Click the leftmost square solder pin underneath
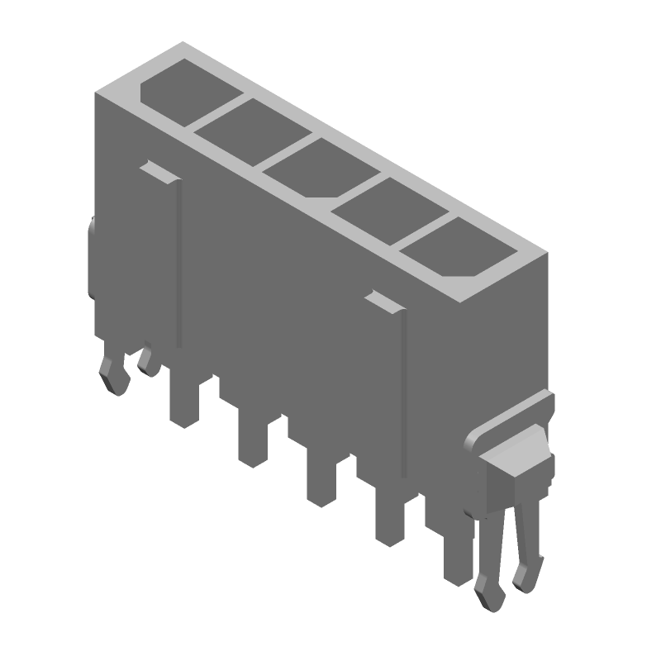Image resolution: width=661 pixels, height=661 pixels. click(183, 401)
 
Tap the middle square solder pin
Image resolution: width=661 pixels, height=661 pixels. click(321, 479)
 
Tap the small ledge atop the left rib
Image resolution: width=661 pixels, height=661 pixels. click(158, 171)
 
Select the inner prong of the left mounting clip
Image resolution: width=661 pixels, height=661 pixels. click(149, 359)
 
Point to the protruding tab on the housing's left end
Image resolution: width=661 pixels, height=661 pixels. click(92, 256)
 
